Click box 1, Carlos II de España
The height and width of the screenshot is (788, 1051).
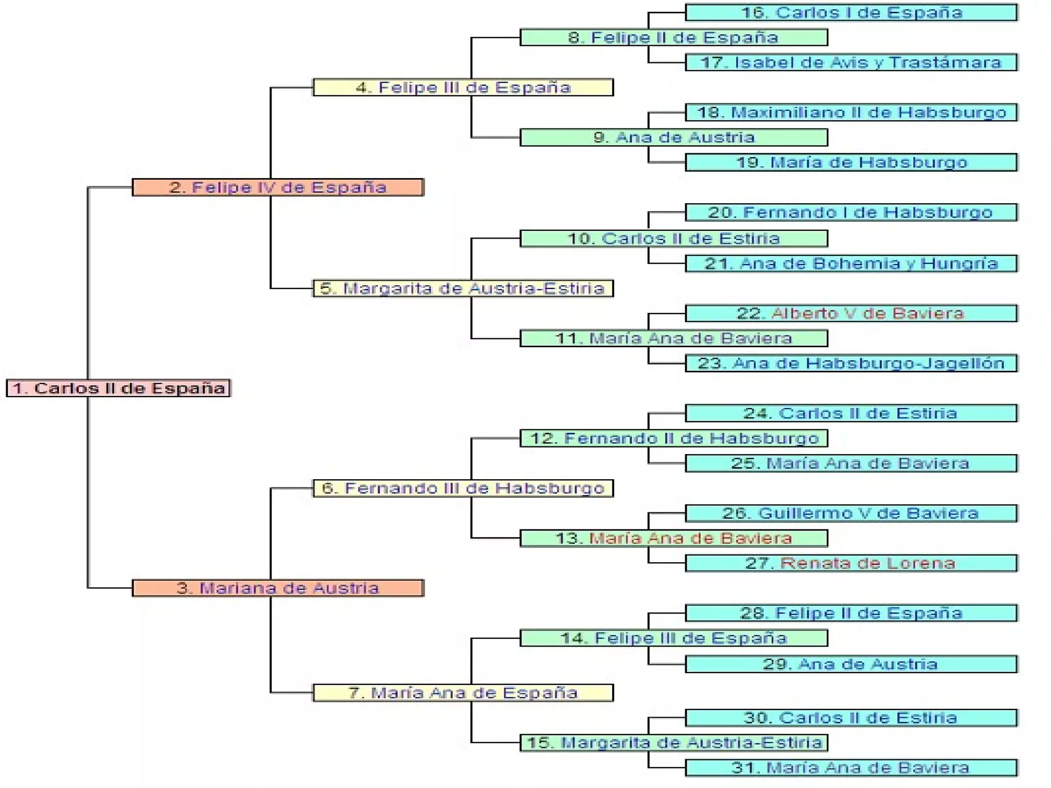[x=118, y=388]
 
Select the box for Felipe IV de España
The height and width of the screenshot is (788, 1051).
[x=278, y=187]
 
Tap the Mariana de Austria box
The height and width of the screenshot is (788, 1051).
[x=278, y=588]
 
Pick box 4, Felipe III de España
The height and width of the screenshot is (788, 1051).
[x=463, y=87]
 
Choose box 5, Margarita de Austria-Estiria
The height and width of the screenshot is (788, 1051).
[x=463, y=288]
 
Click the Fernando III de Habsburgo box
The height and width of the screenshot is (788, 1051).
[x=463, y=488]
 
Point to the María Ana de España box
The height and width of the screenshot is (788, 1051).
[x=463, y=693]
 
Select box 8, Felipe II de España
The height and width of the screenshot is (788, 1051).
[x=673, y=37]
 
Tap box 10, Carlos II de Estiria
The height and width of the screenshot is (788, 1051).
[x=673, y=239]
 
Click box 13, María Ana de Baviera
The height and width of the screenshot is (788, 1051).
[x=673, y=538]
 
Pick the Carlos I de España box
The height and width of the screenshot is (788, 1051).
[x=851, y=12]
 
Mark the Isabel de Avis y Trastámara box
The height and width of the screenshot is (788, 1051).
[x=851, y=63]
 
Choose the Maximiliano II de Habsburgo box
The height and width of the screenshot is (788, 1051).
[x=851, y=112]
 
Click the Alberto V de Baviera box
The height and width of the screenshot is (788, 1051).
[x=851, y=313]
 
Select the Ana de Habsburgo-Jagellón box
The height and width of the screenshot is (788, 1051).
[x=851, y=363]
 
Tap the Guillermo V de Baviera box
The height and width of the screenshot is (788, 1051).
[x=851, y=513]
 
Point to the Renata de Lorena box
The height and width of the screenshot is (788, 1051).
[x=851, y=563]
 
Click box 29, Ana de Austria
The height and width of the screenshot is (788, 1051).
[x=851, y=664]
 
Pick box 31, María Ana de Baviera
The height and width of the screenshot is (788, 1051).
[x=851, y=767]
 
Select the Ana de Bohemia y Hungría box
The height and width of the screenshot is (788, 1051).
[x=851, y=264]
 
